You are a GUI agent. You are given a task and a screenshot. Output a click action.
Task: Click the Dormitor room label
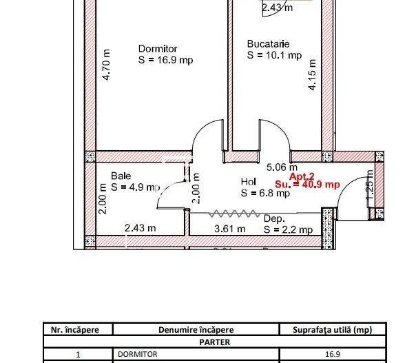[158, 49]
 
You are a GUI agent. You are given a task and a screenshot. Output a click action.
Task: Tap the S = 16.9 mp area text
[165, 60]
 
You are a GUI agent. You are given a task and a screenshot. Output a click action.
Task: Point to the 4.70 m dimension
[106, 64]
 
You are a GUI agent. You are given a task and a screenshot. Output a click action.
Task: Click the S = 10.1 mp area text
[274, 55]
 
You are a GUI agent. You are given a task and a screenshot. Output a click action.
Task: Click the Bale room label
[121, 176]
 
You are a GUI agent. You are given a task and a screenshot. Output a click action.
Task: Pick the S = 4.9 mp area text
[135, 187]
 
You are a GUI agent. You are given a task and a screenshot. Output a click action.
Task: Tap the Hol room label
[248, 182]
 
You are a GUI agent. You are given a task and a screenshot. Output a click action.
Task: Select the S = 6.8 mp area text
[265, 193]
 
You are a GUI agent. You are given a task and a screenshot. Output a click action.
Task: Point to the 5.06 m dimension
[282, 167]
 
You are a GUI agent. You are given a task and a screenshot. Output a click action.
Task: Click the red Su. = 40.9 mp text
[307, 185]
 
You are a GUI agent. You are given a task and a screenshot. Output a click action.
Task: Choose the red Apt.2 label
[302, 176]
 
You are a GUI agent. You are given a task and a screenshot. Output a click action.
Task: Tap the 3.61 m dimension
[231, 229]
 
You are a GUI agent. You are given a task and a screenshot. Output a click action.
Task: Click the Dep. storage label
[274, 219]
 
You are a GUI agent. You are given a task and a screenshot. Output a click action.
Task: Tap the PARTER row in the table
[211, 341]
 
